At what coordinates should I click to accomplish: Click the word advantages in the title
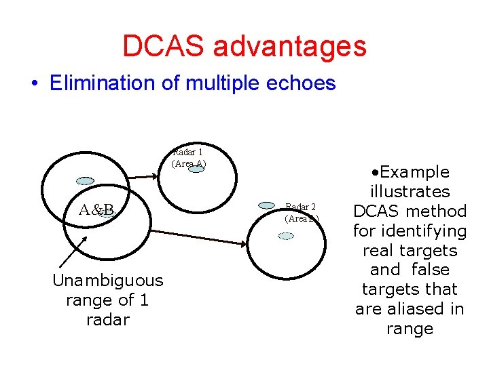point(289,46)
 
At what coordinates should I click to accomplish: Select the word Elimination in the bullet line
point(114,83)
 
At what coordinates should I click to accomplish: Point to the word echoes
point(301,83)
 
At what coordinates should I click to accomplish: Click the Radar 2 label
point(301,207)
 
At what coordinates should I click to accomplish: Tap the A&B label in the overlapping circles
point(97,209)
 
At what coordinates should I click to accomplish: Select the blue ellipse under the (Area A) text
point(196,169)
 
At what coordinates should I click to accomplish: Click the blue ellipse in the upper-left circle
point(85,181)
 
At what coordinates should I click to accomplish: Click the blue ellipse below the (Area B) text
point(287,236)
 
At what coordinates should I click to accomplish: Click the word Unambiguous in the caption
point(108,280)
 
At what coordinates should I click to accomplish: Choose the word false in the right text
point(431,270)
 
